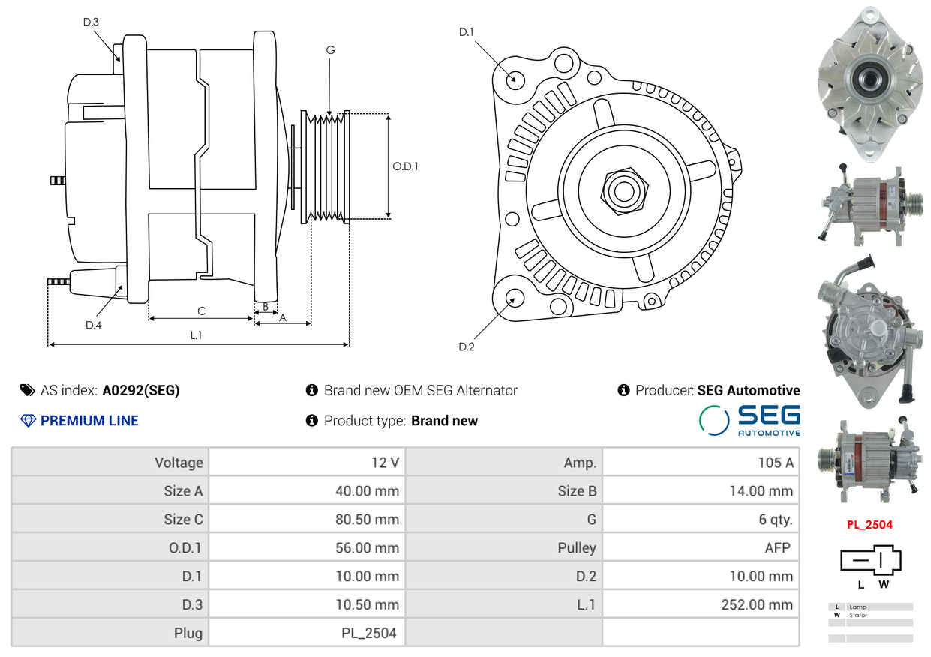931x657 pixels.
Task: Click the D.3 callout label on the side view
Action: pyautogui.click(x=91, y=22)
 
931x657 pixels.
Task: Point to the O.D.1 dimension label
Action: pyautogui.click(x=405, y=166)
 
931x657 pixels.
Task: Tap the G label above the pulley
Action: pyautogui.click(x=330, y=50)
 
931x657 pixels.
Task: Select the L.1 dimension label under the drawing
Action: pyautogui.click(x=196, y=335)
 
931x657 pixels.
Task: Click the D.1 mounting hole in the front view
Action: pyautogui.click(x=515, y=79)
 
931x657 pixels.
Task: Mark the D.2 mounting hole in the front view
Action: pyautogui.click(x=515, y=298)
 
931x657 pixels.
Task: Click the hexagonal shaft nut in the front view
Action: pyautogui.click(x=624, y=191)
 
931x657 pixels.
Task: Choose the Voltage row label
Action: pyautogui.click(x=179, y=463)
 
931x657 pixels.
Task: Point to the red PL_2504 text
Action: pyautogui.click(x=869, y=524)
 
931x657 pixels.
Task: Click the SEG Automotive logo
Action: pyautogui.click(x=749, y=420)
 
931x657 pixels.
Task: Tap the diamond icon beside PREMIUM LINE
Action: pyautogui.click(x=29, y=421)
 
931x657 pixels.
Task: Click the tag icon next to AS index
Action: pyautogui.click(x=28, y=390)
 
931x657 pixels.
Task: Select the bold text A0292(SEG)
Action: pyautogui.click(x=141, y=390)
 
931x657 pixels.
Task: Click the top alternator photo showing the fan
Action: pyautogui.click(x=870, y=83)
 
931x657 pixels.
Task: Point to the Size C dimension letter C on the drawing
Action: pyautogui.click(x=202, y=310)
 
